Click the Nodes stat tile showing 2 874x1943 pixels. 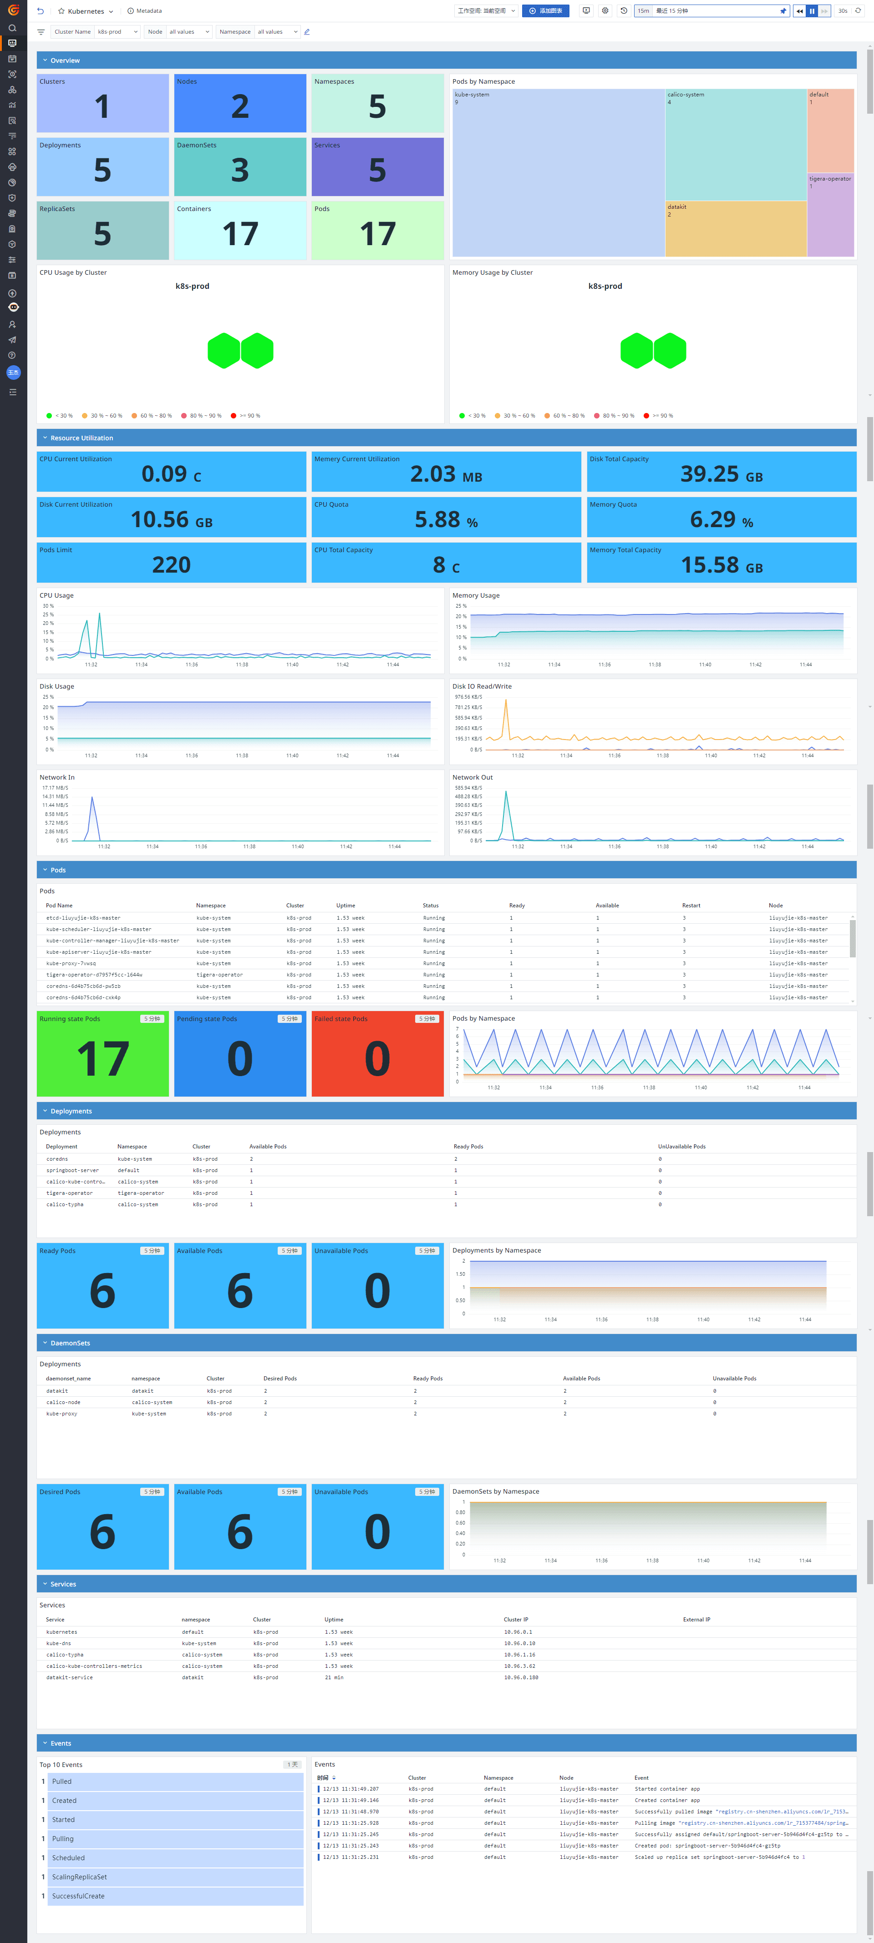(240, 103)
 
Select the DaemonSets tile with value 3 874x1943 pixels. (240, 167)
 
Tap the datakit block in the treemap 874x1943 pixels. (735, 228)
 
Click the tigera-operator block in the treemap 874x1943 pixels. (830, 216)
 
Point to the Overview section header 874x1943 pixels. (65, 60)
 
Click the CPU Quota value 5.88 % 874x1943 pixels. (446, 519)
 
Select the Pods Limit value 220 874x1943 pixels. (171, 564)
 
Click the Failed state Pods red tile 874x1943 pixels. (377, 1054)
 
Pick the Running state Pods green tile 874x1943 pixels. (102, 1054)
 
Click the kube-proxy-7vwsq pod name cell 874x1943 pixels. (71, 963)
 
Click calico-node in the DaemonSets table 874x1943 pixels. (63, 1402)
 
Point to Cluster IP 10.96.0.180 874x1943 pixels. (521, 1677)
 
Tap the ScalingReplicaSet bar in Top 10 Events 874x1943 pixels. (175, 1877)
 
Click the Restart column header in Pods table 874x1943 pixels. (691, 905)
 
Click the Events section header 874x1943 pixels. (61, 1743)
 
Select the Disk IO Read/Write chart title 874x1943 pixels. (482, 686)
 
